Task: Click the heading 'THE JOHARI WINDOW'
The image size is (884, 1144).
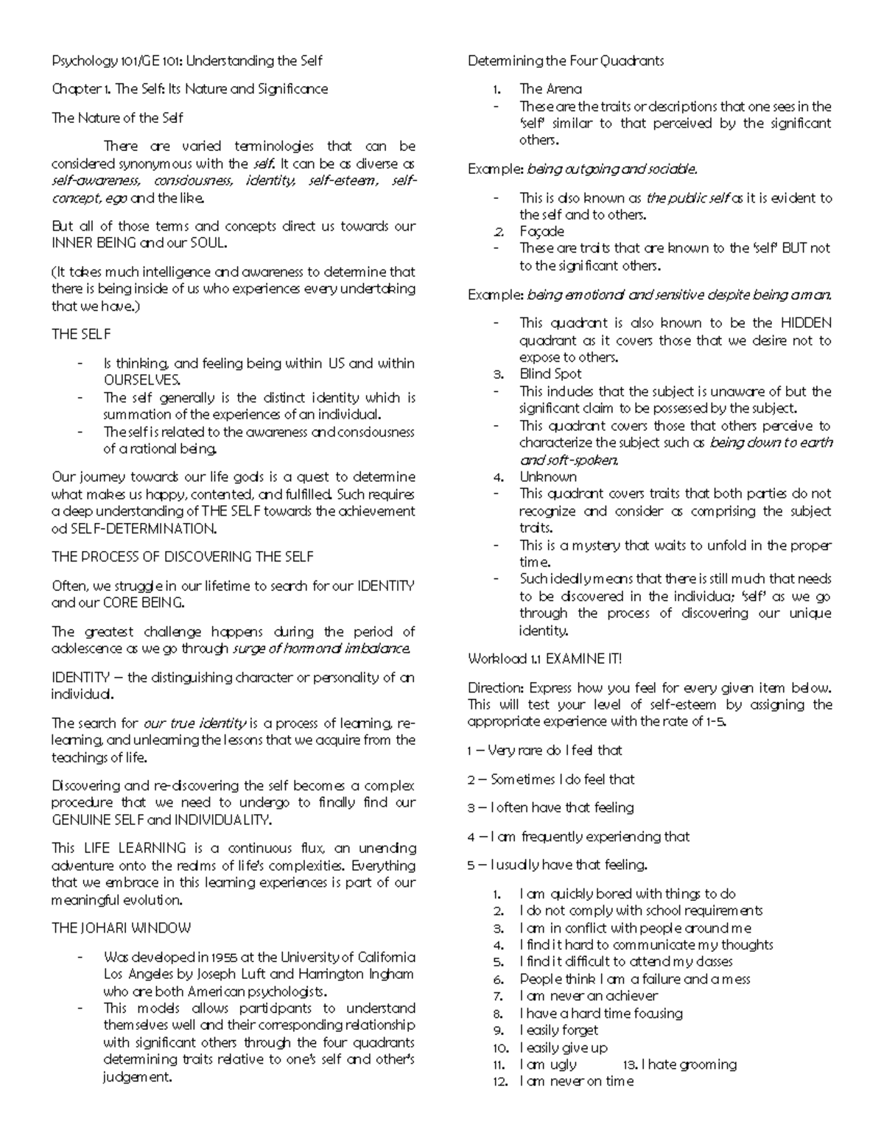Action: (x=121, y=928)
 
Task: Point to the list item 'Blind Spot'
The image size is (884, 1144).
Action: (x=550, y=374)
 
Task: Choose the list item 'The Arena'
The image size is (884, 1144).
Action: (x=550, y=89)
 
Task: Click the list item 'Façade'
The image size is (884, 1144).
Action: (x=541, y=231)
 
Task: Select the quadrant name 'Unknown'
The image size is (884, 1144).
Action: (x=548, y=477)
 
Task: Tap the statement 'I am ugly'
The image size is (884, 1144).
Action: (x=548, y=1064)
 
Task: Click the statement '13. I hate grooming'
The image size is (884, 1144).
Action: (x=679, y=1064)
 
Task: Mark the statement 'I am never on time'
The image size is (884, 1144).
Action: (x=576, y=1081)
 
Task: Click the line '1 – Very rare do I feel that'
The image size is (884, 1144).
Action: (x=544, y=751)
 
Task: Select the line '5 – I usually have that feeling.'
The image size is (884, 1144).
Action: (x=557, y=865)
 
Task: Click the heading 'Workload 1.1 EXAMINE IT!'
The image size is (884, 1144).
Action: (x=545, y=659)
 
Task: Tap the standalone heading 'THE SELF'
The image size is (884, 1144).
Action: (x=81, y=334)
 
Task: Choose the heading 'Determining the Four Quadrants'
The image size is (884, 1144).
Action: (x=566, y=60)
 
